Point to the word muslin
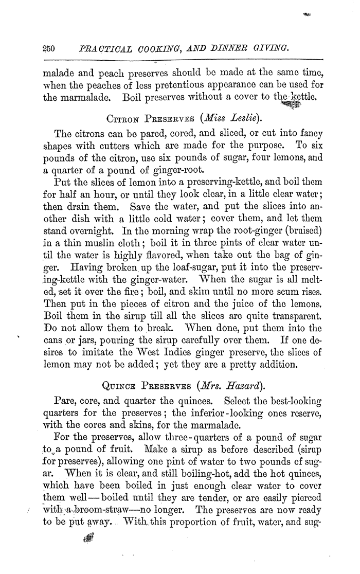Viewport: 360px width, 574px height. [x=108, y=234]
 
